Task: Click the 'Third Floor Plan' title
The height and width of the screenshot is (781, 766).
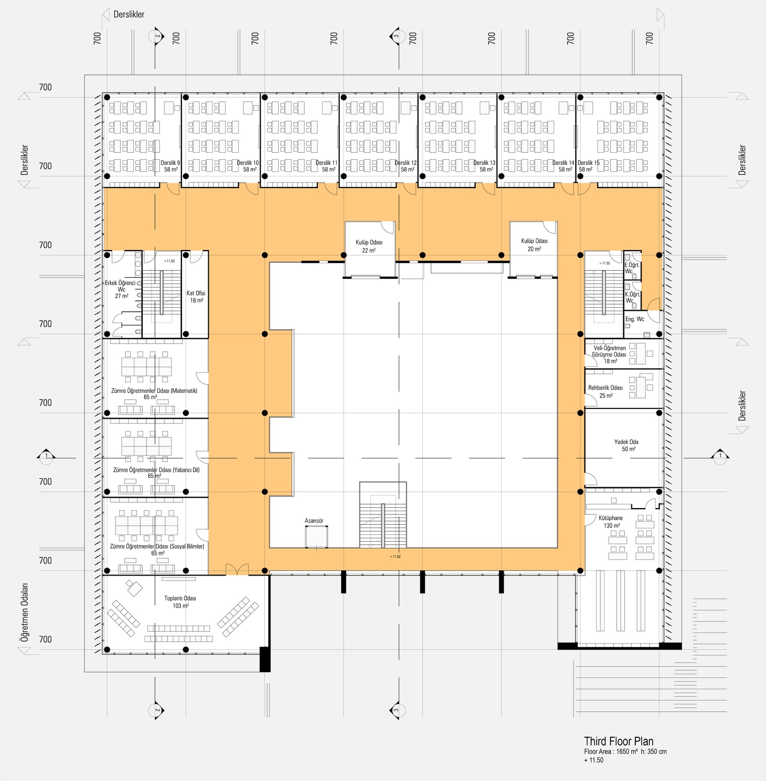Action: pyautogui.click(x=618, y=741)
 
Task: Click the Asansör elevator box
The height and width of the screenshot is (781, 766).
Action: pyautogui.click(x=316, y=537)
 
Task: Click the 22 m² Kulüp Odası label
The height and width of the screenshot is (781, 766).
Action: pyautogui.click(x=369, y=246)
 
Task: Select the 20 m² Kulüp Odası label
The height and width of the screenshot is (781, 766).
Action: pyautogui.click(x=534, y=244)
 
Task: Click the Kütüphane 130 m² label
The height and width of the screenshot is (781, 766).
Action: pyautogui.click(x=610, y=521)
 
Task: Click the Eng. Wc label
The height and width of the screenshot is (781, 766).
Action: pyautogui.click(x=634, y=319)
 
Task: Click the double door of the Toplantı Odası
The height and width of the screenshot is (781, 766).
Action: pyautogui.click(x=237, y=570)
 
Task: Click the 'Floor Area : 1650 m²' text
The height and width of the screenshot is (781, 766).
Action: pyautogui.click(x=611, y=751)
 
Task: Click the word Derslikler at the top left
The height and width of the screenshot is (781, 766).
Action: pyautogui.click(x=129, y=14)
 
